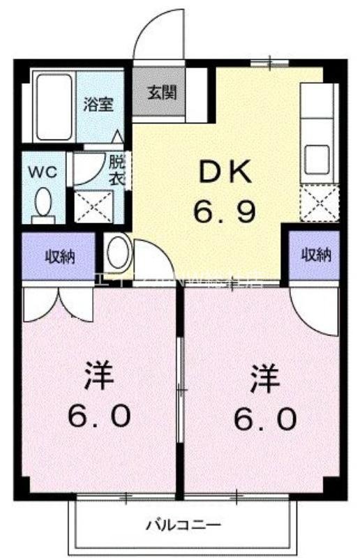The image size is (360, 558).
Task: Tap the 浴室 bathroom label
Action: click(98, 105)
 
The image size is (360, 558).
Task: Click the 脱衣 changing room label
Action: click(117, 169)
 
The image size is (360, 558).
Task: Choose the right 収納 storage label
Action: click(316, 255)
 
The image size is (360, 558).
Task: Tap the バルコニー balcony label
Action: click(183, 525)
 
